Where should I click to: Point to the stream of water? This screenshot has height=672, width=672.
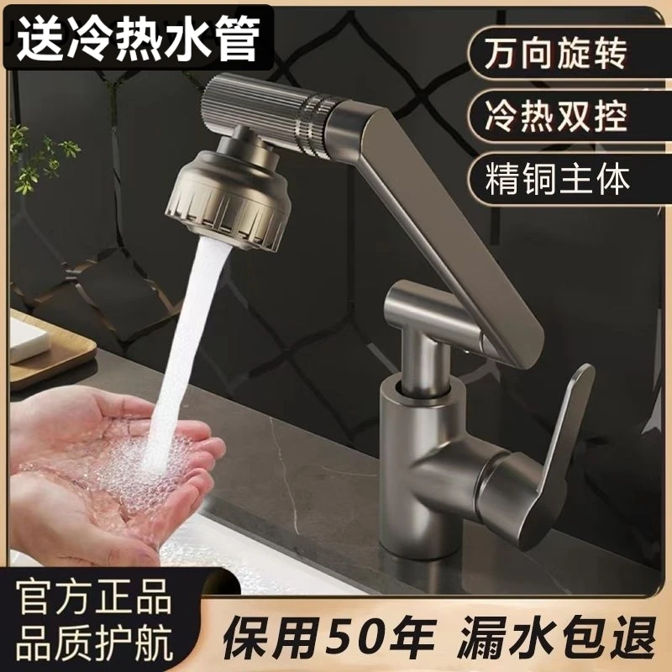click(181, 336)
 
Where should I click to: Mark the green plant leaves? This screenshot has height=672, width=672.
click(38, 160)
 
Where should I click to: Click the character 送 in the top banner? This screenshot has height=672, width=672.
click(42, 38)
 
